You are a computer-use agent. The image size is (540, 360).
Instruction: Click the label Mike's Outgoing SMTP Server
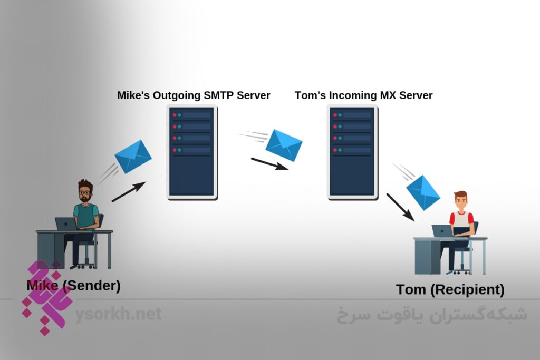pos(194,95)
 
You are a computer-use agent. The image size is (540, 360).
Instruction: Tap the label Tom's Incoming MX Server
pos(363,95)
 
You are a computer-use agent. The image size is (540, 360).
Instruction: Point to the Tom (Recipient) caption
pos(450,290)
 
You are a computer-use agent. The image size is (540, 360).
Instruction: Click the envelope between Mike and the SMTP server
pos(133,157)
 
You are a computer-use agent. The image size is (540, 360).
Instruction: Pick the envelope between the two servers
pos(284,144)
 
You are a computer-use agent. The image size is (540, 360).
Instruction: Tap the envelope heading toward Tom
pos(423,192)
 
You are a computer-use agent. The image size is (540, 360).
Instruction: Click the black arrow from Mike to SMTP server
pos(129,192)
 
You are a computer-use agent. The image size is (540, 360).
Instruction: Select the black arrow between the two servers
pos(269,164)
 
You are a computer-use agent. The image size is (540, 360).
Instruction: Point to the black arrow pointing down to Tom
pos(400,207)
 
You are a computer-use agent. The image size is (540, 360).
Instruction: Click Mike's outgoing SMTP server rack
pos(192,152)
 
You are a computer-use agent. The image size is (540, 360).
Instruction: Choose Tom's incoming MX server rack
pos(352,152)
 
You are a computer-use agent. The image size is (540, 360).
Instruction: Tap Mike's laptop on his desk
pos(66,223)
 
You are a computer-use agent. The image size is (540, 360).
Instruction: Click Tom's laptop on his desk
pos(442,231)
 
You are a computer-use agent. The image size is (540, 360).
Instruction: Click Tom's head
pos(460,201)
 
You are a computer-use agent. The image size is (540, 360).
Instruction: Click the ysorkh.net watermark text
pos(118,315)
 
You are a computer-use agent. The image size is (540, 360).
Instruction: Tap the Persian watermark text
pos(431,315)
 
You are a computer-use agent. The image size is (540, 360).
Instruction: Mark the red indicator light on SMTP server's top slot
pos(175,114)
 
